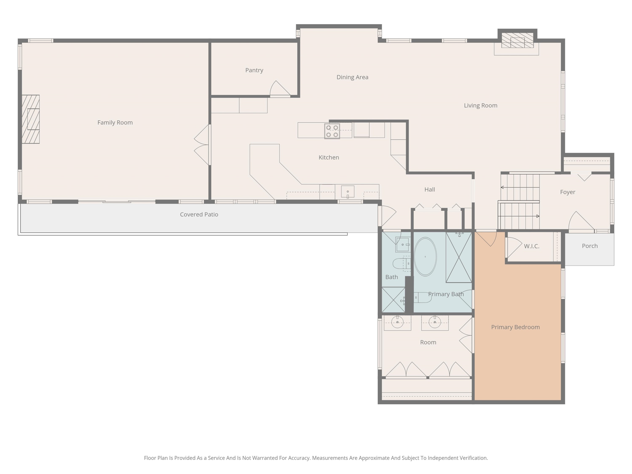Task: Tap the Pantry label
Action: click(254, 70)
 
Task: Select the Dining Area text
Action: click(352, 77)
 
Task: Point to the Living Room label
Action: click(481, 105)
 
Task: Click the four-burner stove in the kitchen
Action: click(332, 131)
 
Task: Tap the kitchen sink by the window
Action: click(348, 192)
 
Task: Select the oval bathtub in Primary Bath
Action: click(425, 257)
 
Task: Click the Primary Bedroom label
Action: click(516, 327)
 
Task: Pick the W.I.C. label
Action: click(532, 246)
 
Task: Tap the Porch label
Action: click(590, 246)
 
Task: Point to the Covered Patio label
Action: click(199, 215)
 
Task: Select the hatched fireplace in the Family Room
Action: click(31, 119)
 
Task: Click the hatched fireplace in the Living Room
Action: click(517, 40)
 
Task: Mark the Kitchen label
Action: click(329, 157)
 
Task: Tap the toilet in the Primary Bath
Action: click(423, 297)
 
